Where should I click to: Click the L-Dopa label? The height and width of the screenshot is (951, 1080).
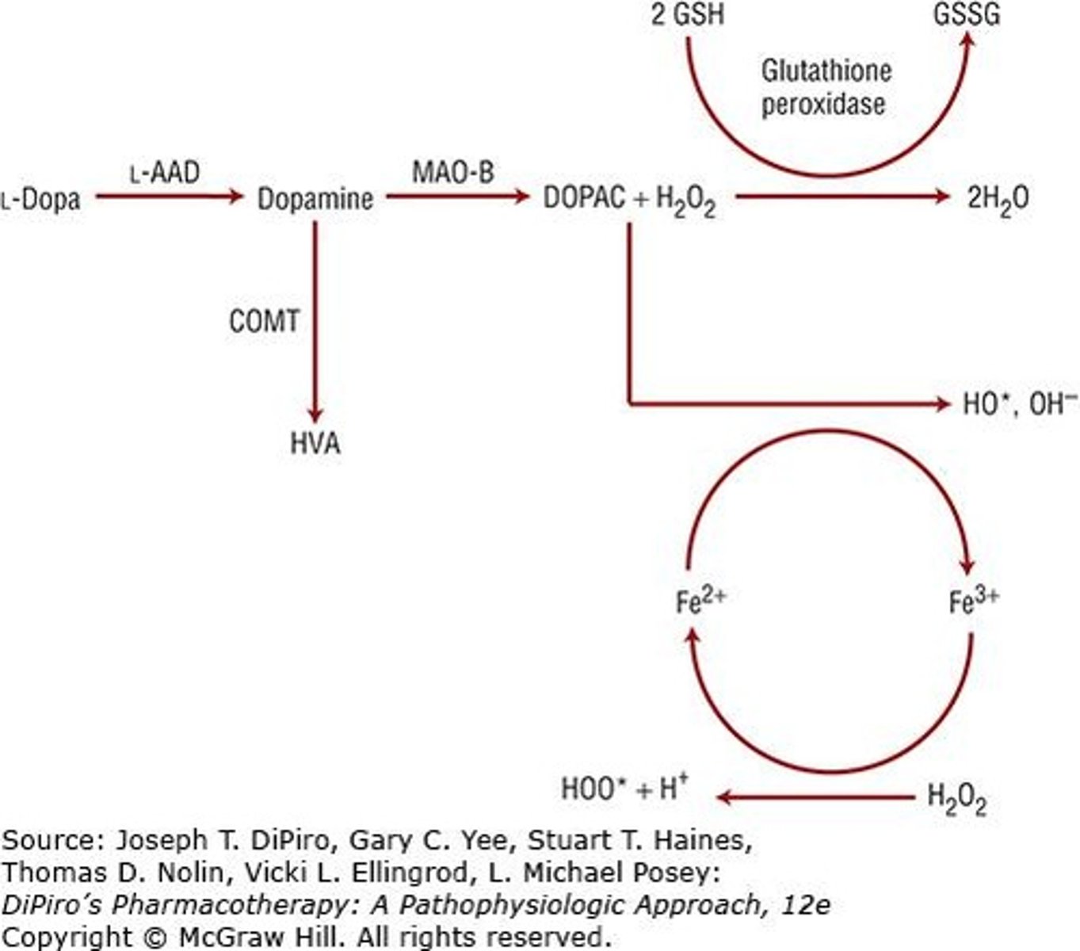(41, 198)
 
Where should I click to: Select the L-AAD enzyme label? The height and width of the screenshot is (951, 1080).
(165, 172)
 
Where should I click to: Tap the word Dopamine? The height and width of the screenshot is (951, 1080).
(315, 198)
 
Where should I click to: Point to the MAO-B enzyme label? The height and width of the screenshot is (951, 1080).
(453, 172)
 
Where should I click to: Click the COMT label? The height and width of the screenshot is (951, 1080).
(265, 321)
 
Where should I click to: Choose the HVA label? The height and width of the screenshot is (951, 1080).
(315, 443)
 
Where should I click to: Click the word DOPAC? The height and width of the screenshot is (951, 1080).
(584, 198)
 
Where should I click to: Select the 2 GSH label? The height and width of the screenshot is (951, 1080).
(687, 15)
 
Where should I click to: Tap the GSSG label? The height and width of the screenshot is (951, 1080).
(967, 15)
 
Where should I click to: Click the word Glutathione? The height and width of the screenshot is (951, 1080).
(826, 71)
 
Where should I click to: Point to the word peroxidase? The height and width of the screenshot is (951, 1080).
(823, 105)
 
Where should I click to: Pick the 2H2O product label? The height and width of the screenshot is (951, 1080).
(998, 198)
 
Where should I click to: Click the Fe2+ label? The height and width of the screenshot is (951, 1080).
(700, 600)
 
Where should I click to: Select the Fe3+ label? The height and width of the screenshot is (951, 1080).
(974, 600)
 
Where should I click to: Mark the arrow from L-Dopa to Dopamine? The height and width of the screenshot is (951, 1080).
(169, 196)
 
